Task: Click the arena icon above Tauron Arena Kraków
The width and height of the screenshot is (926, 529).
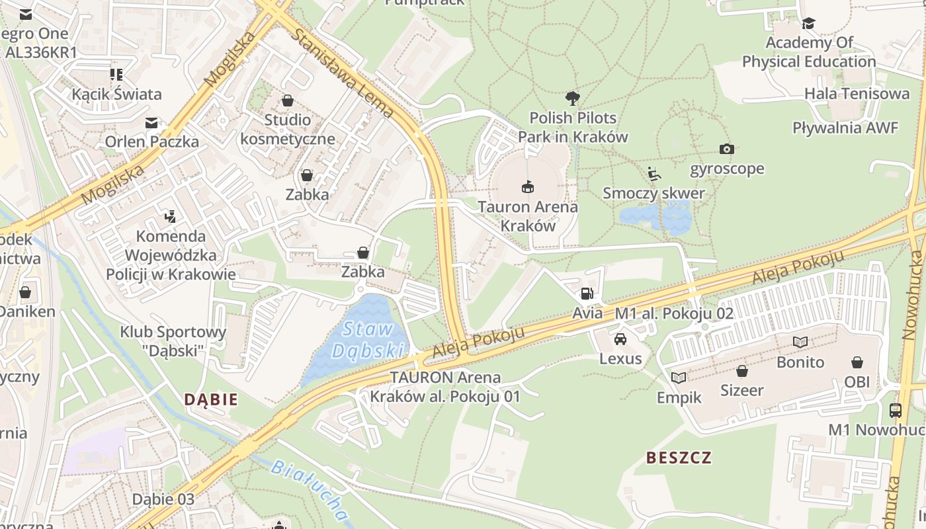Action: pos(527,187)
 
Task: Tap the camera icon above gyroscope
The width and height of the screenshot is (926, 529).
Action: pos(726,149)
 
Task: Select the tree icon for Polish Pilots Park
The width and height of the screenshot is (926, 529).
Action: pos(573,99)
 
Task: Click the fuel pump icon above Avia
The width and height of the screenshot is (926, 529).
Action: pos(587,294)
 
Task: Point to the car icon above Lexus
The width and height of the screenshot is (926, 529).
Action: pos(620,339)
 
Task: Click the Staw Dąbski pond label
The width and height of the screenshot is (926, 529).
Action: pos(368,339)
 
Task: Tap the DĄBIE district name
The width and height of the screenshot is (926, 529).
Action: pos(210,399)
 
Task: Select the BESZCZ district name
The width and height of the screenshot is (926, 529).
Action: pos(679,458)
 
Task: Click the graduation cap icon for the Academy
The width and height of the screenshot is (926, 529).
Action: pos(808,24)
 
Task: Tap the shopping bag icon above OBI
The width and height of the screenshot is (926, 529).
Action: pos(857,362)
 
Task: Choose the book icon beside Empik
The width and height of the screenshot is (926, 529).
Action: pos(679,378)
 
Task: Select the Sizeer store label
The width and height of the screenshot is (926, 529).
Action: pos(742,390)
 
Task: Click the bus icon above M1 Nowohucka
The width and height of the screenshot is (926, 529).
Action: pos(896,411)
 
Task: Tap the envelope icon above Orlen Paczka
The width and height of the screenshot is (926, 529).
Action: pos(151,122)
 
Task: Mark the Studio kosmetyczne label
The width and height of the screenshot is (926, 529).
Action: pos(288,130)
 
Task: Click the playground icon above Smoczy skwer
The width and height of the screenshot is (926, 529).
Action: pos(653,174)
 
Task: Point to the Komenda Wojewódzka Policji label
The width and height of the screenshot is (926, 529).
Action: pos(171,255)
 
